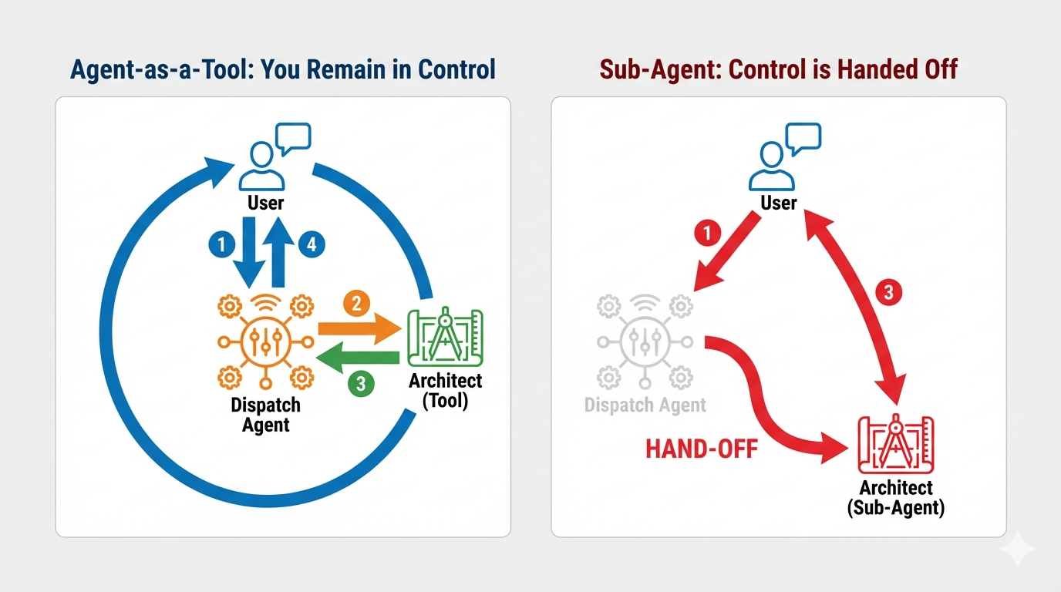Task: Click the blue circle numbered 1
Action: click(x=221, y=245)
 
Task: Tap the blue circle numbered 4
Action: click(x=312, y=245)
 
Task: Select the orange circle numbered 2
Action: click(x=355, y=304)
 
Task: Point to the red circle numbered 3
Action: click(x=888, y=292)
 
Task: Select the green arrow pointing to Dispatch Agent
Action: click(x=359, y=356)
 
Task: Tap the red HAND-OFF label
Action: click(x=702, y=449)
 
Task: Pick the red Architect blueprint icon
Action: click(x=895, y=446)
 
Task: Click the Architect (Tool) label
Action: click(x=445, y=390)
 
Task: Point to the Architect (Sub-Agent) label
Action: click(x=895, y=497)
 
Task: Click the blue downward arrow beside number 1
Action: click(x=248, y=251)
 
